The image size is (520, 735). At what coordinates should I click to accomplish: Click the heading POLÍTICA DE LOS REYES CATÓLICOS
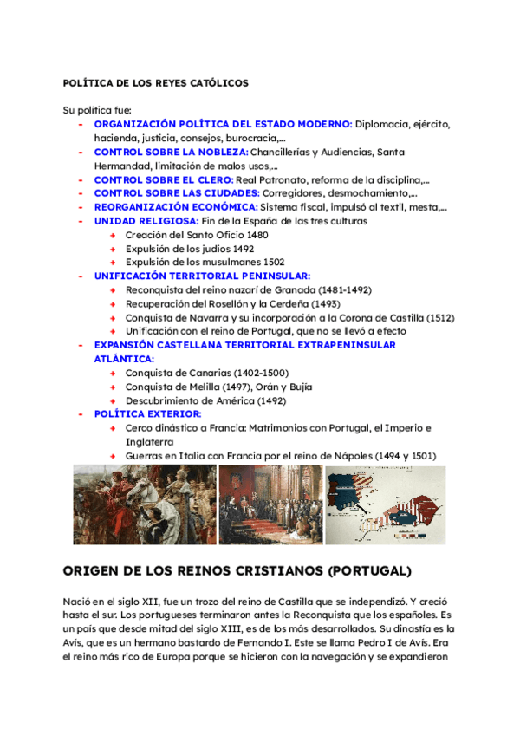[x=156, y=83]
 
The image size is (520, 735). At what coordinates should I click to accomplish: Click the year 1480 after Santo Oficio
[x=281, y=235]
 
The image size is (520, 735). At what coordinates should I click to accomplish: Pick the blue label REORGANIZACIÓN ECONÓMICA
[x=176, y=207]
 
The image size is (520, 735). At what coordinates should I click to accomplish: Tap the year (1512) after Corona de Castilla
[x=439, y=317]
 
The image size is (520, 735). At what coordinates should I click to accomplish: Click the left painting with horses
[x=143, y=505]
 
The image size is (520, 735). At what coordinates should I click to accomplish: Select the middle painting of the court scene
[x=270, y=505]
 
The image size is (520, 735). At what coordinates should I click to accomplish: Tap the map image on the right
[x=385, y=505]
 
